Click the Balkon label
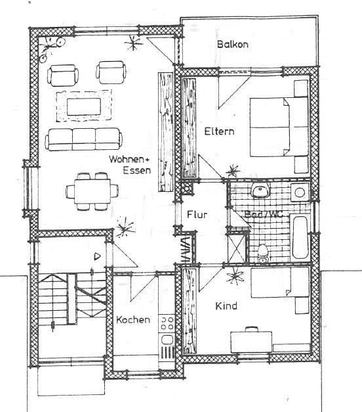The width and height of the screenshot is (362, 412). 232,45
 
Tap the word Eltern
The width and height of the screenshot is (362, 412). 218,131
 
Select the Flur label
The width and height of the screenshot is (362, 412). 197,215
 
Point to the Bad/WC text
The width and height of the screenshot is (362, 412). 263,215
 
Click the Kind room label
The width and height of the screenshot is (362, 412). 226,306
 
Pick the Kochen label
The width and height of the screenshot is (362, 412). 133,320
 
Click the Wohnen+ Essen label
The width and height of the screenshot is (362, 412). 130,165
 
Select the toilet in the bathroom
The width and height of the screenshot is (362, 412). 262,250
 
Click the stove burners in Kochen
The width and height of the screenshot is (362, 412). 167,323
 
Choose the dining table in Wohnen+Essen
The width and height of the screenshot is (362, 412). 92,191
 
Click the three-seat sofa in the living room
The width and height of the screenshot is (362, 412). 83,138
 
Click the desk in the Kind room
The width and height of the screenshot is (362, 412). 251,341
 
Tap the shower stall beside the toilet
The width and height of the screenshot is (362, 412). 235,246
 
